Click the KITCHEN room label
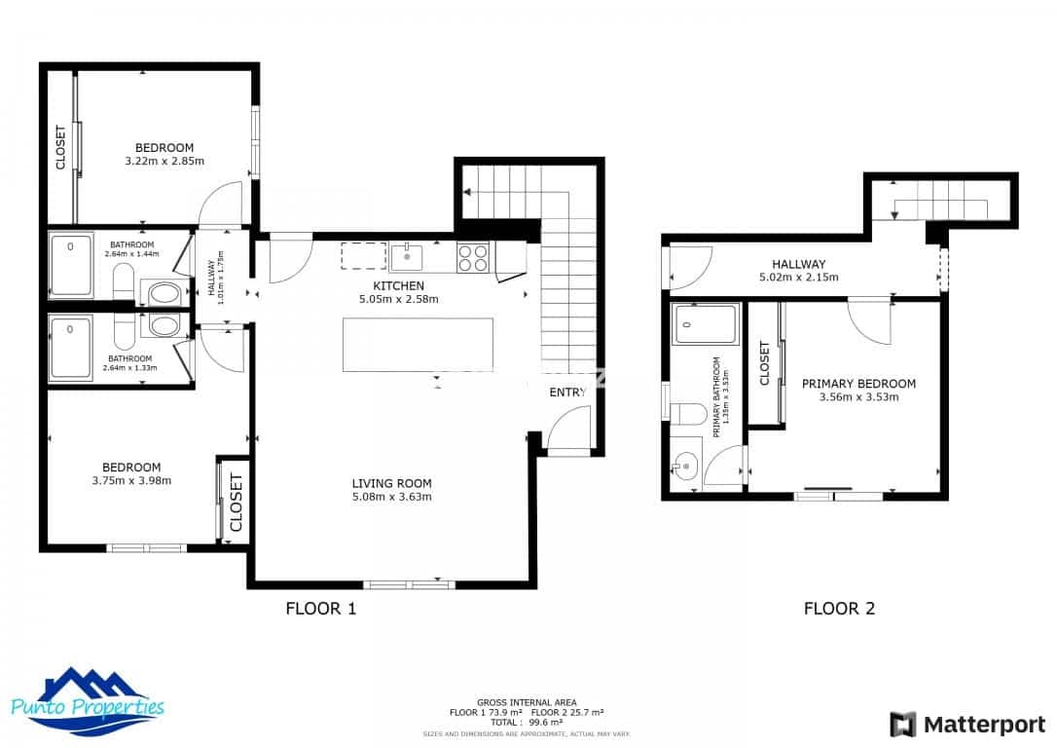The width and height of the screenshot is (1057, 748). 399,285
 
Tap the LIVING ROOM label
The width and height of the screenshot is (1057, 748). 391,483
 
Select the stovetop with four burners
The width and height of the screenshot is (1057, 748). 474,257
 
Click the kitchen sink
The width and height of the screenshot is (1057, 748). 408,257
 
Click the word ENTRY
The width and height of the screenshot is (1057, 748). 568,393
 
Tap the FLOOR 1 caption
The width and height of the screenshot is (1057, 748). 320,610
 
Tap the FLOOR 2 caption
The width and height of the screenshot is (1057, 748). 839,610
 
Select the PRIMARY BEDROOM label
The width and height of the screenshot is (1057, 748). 858,384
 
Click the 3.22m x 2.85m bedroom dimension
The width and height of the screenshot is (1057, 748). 164,161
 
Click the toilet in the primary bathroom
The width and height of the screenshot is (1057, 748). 689,414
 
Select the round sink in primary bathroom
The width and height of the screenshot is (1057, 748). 685,467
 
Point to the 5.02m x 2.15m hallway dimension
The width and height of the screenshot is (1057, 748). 799,277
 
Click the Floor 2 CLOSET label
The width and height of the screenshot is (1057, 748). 764,362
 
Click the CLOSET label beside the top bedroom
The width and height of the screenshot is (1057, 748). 60,147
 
